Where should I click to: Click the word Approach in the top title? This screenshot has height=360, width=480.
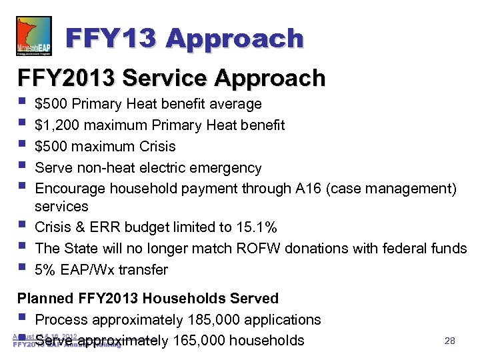[x=236, y=38]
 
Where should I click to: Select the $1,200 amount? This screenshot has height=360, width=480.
[x=55, y=125]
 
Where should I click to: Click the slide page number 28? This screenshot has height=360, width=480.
[x=449, y=341]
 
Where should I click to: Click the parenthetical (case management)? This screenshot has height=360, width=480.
[x=393, y=189]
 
